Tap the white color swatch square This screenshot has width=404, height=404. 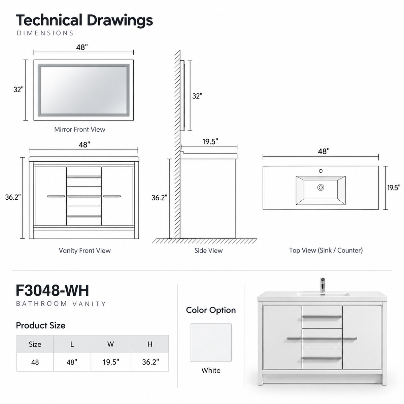211,342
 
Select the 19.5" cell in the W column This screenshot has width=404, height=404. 111,362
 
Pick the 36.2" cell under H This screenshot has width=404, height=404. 150,362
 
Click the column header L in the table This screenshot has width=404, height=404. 72,344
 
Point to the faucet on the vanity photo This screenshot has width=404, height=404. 323,285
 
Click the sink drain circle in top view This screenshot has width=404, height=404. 321,187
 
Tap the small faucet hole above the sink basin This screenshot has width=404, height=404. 321,171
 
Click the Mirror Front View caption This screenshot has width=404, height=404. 80,129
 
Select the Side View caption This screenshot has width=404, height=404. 208,250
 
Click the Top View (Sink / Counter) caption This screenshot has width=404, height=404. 326,250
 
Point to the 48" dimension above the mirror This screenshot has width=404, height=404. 82,47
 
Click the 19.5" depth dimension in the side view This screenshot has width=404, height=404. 210,141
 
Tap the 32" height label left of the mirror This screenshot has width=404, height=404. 19,90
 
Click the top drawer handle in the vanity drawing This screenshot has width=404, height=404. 84,177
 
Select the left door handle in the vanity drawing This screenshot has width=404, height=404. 56,196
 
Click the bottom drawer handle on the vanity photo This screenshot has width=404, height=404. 322,358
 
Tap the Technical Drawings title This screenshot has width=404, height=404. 85,21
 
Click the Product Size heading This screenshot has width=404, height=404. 41,325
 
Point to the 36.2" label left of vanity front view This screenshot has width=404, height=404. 13,197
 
